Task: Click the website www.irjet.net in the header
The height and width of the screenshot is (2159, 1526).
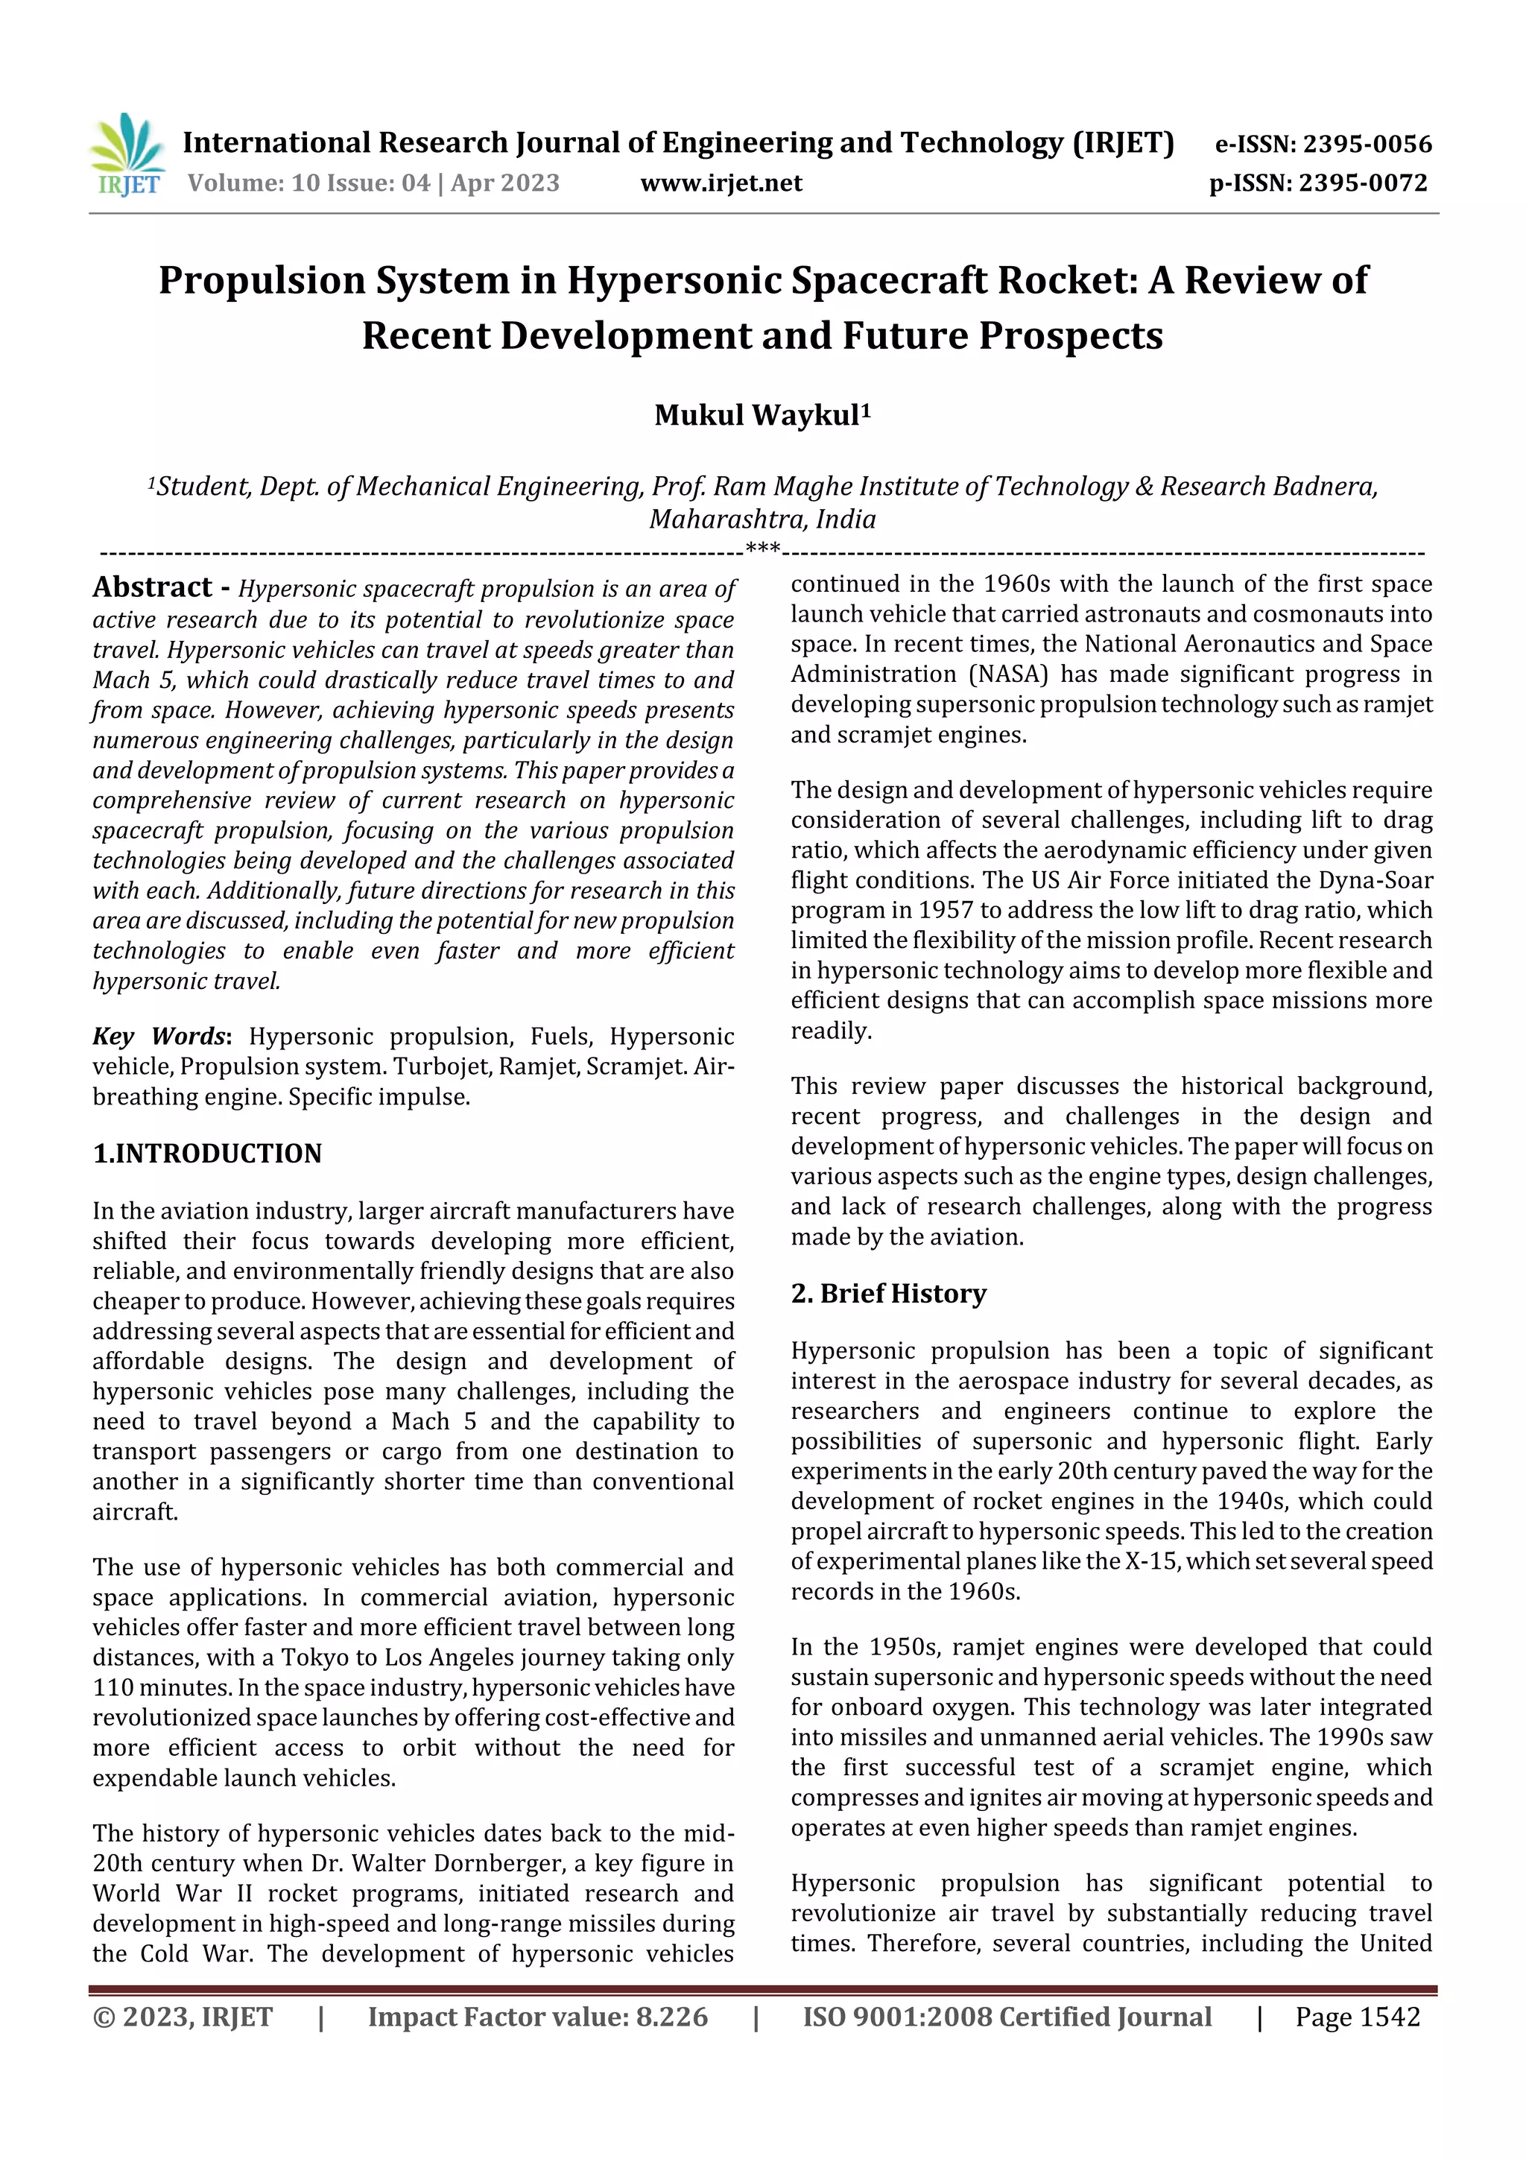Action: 721,183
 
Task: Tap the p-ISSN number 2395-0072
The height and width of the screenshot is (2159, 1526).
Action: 1364,183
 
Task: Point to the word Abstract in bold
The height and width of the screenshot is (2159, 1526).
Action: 152,588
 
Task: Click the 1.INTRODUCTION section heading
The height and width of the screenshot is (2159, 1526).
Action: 207,1154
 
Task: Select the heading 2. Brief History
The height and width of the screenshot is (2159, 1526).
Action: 888,1294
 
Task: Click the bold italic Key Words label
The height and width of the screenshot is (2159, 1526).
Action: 159,1036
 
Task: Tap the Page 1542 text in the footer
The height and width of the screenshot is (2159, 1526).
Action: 1357,2017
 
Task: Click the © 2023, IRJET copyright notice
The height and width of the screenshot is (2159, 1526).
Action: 183,2017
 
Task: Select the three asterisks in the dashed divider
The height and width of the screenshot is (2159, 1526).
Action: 762,549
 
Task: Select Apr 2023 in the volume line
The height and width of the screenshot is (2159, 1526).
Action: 505,183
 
